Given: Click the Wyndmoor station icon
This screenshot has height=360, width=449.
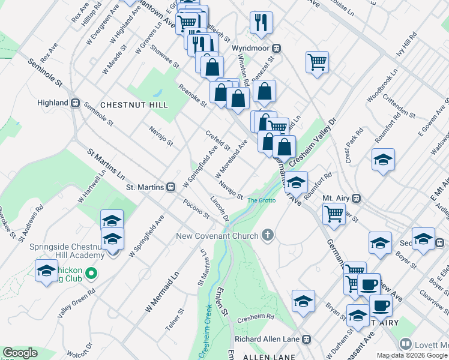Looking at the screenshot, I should click(277, 48).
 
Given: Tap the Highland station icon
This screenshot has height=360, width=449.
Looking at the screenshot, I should click(76, 103).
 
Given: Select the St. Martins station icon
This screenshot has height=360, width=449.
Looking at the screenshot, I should click(171, 187).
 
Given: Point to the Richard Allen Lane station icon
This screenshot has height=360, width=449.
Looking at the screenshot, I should click(307, 339).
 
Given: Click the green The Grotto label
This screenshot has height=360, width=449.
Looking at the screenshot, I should click(261, 200).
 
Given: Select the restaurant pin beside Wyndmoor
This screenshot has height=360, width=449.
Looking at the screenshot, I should click(262, 23).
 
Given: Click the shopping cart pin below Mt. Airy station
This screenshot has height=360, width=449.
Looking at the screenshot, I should click(333, 213).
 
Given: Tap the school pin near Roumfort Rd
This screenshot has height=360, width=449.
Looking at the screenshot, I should click(296, 182).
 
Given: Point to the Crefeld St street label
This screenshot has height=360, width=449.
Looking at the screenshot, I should click(217, 140).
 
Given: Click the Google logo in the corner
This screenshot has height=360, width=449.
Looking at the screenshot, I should click(20, 352).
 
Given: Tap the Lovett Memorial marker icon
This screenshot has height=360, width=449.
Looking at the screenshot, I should click(406, 344).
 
